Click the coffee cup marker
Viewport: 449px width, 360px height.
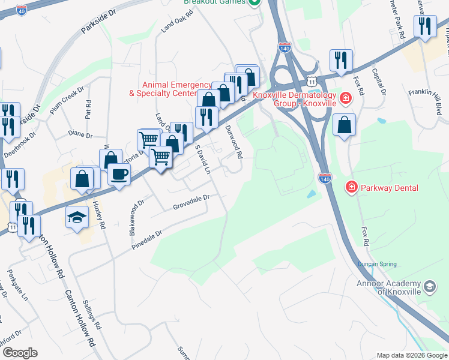tap(119, 174)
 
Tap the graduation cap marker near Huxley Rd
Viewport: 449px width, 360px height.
tap(77, 217)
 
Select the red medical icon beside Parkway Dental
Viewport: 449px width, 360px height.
tap(350, 188)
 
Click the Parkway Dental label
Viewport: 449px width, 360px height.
tap(389, 188)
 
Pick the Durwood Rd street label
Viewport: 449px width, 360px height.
tap(233, 141)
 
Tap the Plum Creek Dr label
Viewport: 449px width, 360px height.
tap(65, 100)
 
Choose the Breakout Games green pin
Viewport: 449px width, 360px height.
tap(255, 2)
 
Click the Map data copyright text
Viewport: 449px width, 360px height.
tap(412, 355)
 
